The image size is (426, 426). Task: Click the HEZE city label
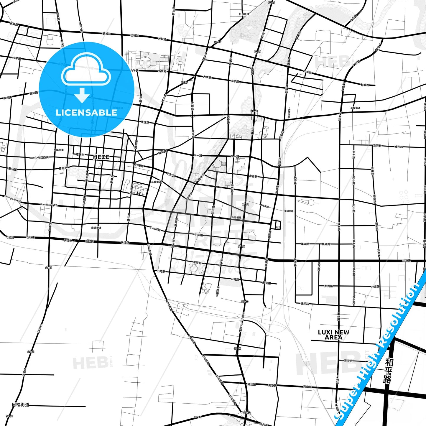101,157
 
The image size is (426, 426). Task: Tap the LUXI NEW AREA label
333,335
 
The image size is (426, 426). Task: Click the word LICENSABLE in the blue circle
86,112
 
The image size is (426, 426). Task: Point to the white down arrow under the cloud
82,95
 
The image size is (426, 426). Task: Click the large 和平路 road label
388,371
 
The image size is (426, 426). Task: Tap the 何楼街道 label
20,405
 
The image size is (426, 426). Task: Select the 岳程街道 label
355,108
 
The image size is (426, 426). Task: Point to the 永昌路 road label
253,176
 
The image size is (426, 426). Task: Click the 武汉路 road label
319,266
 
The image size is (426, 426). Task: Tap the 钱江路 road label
305,303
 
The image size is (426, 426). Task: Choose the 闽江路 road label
348,361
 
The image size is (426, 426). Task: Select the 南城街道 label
96,228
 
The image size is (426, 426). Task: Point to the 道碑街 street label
80,154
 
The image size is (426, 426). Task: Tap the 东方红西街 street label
42,158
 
